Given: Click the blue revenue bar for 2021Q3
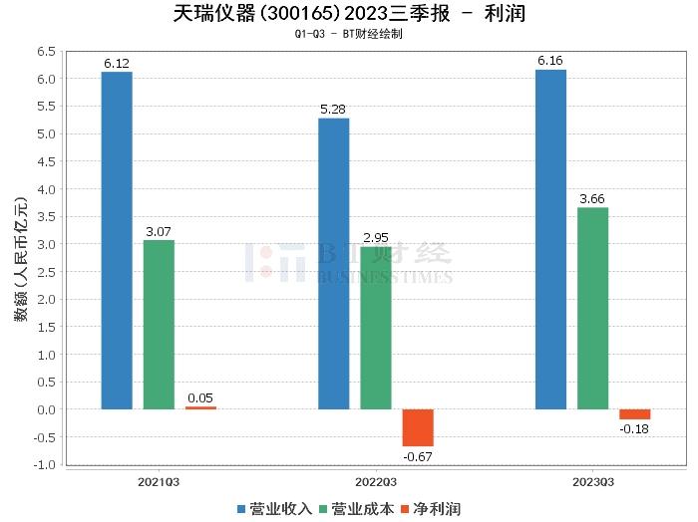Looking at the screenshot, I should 117,240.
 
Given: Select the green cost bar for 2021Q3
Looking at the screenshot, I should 159,325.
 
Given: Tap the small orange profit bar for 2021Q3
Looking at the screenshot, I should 200,407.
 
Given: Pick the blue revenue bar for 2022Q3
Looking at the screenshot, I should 333,263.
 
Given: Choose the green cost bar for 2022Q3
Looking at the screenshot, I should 376,328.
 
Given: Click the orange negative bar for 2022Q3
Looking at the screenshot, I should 418,427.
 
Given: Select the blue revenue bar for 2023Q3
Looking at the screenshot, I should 550,239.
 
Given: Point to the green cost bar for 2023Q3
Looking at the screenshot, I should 592,308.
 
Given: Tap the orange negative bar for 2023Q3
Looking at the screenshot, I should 634,414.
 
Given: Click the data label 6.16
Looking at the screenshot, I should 550,62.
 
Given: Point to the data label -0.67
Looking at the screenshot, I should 418,456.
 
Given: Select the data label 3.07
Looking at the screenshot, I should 159,232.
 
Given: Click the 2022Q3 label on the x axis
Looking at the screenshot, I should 375,480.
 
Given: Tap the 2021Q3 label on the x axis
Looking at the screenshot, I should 159,480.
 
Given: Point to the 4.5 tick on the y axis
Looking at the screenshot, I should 44,161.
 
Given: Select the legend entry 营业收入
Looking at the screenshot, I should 275,509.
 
